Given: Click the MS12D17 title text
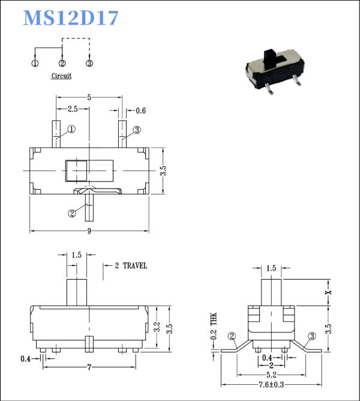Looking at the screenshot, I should point(71,18).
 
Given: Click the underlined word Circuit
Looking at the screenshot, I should point(61,76).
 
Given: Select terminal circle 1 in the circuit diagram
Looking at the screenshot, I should point(35,63).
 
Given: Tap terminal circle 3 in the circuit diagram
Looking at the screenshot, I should point(89,63).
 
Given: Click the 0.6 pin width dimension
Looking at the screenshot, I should point(141,110).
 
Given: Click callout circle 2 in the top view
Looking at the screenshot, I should point(73,213).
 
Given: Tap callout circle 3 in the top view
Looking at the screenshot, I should point(136,130).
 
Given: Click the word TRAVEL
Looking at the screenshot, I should point(134,265).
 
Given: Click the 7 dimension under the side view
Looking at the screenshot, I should point(89,366).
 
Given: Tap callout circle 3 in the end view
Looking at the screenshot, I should point(312,336).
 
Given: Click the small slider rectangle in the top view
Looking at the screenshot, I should point(77,171).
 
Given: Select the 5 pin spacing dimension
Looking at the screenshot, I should point(89,97).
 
